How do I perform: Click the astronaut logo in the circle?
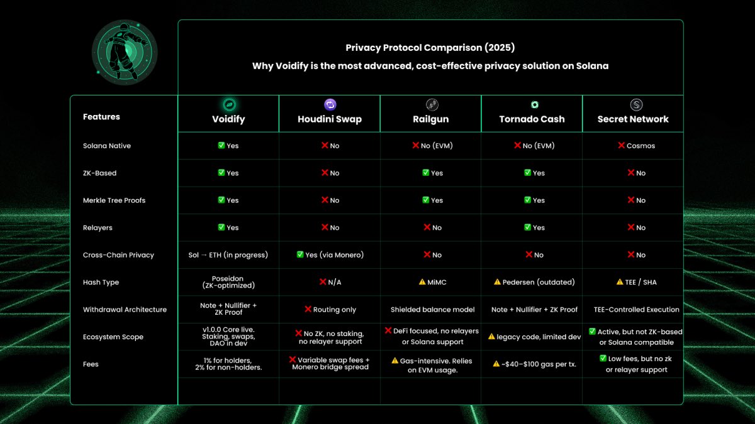(x=124, y=52)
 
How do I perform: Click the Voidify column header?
(x=228, y=119)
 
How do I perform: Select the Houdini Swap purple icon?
(x=330, y=105)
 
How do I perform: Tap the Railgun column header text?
(x=430, y=119)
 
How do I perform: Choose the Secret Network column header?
(x=632, y=119)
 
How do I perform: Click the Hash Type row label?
(x=101, y=282)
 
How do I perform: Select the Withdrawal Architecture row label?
(x=125, y=310)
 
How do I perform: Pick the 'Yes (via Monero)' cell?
(x=330, y=255)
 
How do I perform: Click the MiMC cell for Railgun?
(x=432, y=282)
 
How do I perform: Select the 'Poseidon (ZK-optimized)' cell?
(x=228, y=282)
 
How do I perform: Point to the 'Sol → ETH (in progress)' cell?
(x=228, y=255)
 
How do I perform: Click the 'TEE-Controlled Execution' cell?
(x=636, y=310)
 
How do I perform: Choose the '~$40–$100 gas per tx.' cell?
(x=532, y=364)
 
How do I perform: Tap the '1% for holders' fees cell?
(x=228, y=364)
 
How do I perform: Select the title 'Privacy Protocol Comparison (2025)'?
(x=430, y=48)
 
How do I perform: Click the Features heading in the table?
(x=101, y=117)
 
